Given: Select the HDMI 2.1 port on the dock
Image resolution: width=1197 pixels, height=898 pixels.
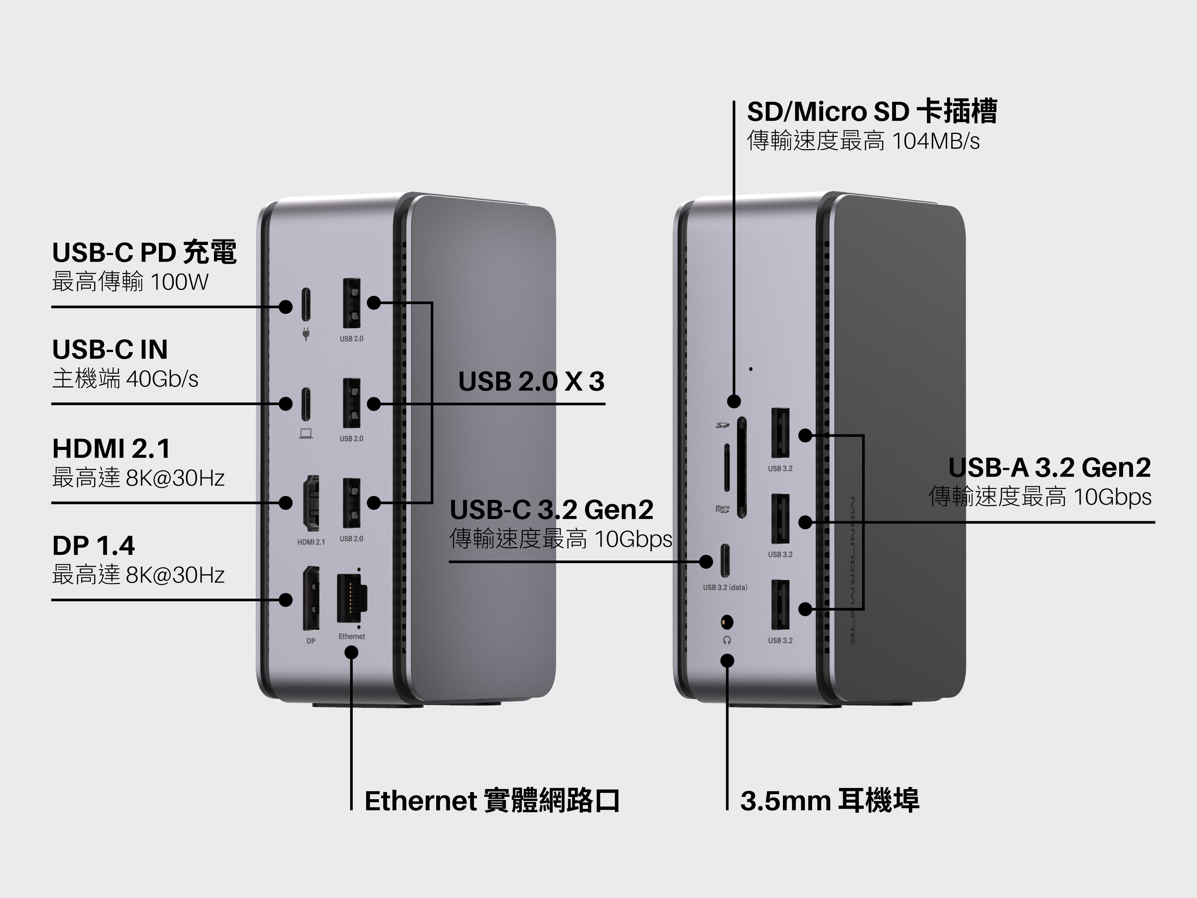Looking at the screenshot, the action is (311, 503).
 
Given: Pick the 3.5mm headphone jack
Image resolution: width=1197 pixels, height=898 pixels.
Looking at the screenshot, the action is (727, 623).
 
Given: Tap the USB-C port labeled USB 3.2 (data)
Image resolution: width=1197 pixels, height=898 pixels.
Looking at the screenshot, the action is (726, 561).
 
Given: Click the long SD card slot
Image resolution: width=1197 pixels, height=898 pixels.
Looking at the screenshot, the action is (742, 467).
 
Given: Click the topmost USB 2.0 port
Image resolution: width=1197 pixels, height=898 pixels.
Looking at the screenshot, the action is (352, 303).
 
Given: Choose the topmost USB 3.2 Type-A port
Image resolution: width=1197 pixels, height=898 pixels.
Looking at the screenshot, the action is (780, 433).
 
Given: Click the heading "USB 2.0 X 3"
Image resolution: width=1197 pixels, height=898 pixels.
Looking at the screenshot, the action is (531, 382).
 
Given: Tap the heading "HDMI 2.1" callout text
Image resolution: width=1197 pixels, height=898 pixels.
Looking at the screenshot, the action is (111, 449).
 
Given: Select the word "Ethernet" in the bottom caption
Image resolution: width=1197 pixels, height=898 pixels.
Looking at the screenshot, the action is (420, 801).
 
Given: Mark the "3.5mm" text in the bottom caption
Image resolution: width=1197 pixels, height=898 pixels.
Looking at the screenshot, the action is (785, 801).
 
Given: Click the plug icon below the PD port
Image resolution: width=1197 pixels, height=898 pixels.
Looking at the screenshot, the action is (306, 334).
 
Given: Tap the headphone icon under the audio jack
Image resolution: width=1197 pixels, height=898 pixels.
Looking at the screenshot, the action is (727, 640).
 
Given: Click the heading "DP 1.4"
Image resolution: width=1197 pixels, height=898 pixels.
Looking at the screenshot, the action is (94, 546).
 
